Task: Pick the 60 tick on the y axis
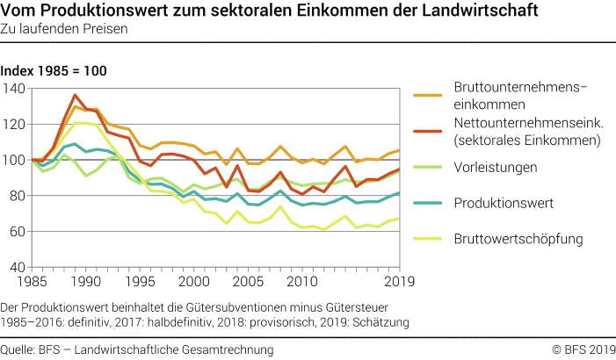tap(16, 231)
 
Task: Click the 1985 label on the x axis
tap(32, 282)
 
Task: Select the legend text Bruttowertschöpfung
tap(517, 237)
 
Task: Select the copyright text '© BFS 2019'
tap(580, 349)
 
